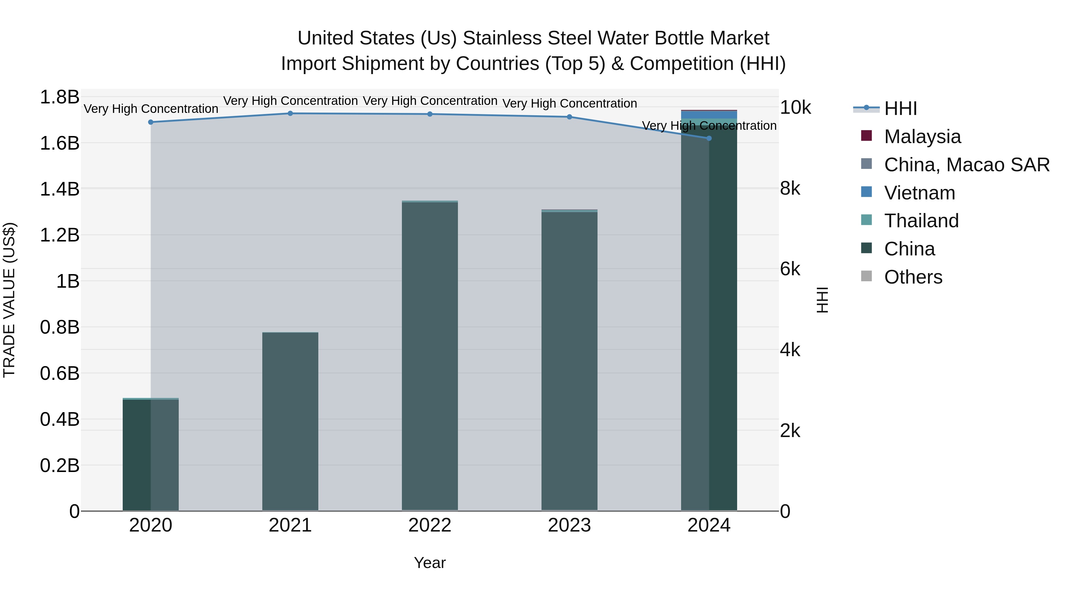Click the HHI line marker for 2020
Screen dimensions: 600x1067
click(151, 122)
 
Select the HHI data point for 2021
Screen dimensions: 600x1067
click(290, 113)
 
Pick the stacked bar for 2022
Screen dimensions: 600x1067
click(430, 356)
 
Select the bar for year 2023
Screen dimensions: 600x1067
click(570, 360)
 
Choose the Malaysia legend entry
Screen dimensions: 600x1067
click(922, 137)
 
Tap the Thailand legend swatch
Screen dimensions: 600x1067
click(866, 220)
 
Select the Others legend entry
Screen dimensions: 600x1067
click(913, 277)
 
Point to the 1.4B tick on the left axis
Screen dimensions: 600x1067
click(60, 189)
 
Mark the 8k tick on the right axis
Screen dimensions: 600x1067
click(790, 188)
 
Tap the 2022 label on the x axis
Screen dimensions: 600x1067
click(430, 525)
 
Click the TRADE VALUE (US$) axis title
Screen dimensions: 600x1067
click(9, 300)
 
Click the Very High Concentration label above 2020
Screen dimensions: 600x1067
click(151, 109)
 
